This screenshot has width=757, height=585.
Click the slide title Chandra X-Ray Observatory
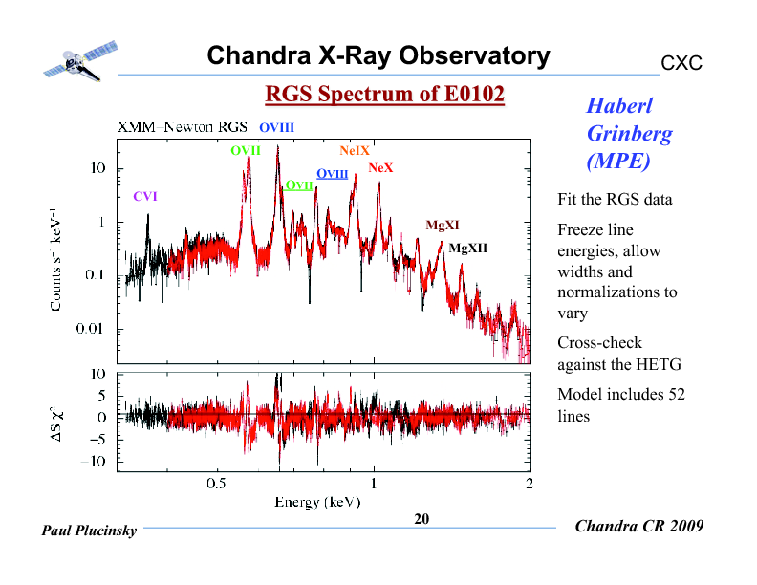click(378, 56)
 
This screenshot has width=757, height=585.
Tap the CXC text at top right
click(681, 63)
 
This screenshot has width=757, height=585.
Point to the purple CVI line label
click(144, 196)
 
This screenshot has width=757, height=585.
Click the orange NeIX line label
click(354, 151)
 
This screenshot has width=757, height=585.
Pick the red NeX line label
click(380, 168)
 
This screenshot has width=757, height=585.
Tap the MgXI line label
click(443, 226)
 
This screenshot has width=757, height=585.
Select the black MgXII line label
click(468, 248)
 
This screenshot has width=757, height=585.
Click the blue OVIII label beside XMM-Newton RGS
click(276, 127)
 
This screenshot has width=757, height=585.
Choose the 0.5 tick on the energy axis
click(217, 484)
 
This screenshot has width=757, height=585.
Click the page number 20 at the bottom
click(422, 519)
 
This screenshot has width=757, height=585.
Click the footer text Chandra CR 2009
click(639, 527)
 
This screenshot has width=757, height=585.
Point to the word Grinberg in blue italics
click(628, 133)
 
